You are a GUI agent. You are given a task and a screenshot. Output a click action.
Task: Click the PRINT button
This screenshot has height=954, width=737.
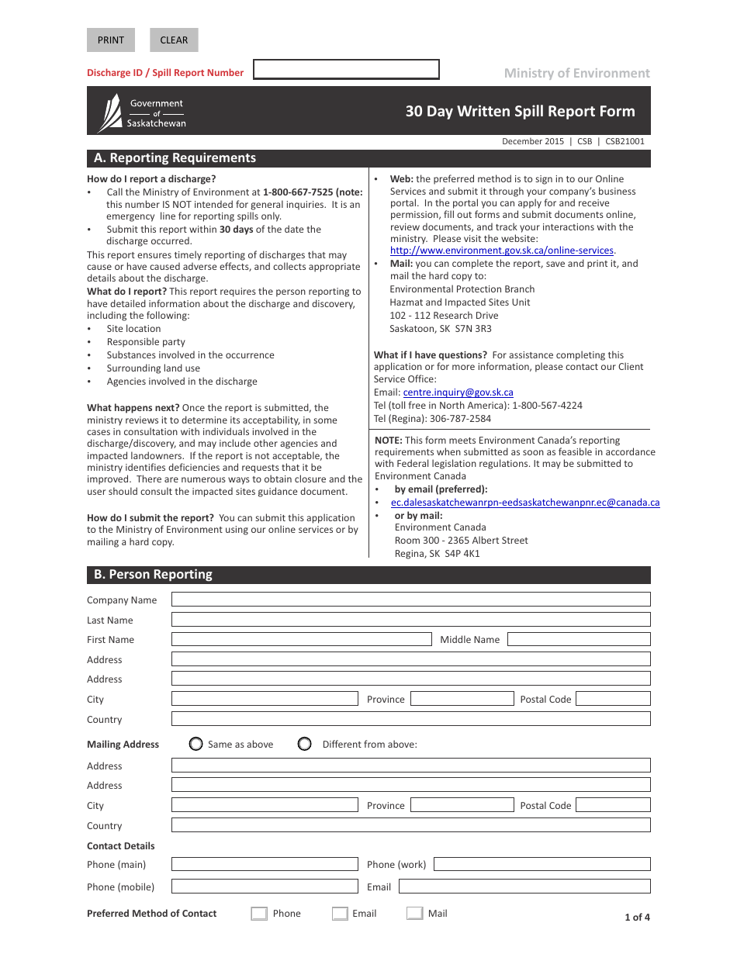(x=111, y=40)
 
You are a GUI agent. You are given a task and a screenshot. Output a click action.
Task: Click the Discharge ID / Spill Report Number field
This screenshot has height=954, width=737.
(x=346, y=70)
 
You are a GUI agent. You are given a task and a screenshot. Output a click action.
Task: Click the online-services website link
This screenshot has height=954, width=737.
(x=501, y=251)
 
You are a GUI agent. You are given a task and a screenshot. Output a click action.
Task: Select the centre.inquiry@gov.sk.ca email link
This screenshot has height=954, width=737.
(x=458, y=392)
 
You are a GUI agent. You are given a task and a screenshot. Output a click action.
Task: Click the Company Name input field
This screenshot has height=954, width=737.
(x=410, y=600)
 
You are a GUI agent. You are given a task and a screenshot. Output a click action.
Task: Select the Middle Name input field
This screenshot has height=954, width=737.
(x=578, y=639)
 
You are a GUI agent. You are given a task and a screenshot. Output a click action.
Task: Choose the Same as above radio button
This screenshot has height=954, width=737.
(x=196, y=744)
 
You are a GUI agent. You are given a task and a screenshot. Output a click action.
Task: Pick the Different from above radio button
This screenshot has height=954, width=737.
(x=305, y=744)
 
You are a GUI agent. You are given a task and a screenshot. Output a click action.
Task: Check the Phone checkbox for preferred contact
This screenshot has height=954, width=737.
(x=259, y=914)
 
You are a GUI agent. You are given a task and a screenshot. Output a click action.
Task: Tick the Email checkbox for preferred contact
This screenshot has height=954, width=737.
(x=340, y=914)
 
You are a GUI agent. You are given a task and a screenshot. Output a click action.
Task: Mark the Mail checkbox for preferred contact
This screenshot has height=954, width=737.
(x=415, y=914)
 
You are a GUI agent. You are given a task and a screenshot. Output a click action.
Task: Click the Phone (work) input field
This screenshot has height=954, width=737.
(x=541, y=864)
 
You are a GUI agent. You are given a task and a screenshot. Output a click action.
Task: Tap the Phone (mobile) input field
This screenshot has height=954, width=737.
(x=265, y=887)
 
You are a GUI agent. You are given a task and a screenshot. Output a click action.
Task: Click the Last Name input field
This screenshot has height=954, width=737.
(x=410, y=620)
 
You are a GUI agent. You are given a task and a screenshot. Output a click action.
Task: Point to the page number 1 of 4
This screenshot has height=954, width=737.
(x=637, y=918)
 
